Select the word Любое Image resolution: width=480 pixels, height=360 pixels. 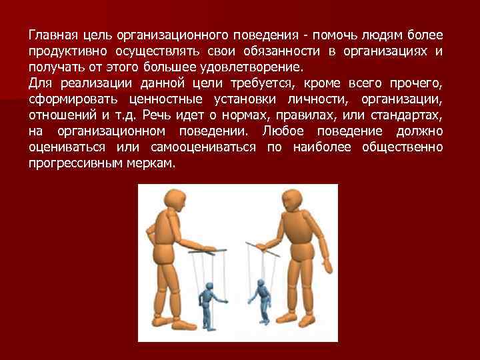click(x=283, y=131)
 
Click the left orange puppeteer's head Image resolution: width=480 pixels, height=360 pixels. click(x=175, y=201)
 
